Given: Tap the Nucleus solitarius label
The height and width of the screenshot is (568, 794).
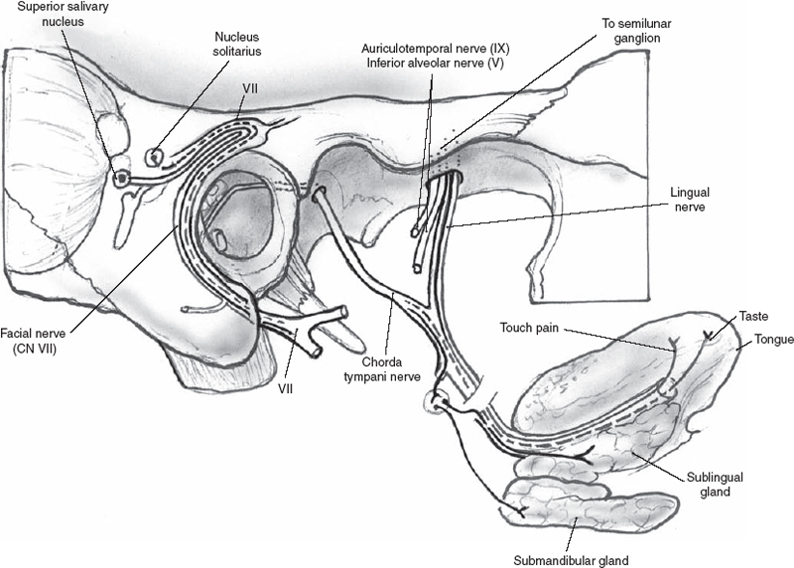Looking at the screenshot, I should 237,43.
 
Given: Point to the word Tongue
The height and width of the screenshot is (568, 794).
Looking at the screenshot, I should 772,340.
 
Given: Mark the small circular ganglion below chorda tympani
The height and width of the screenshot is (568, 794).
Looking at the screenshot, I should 434,400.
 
